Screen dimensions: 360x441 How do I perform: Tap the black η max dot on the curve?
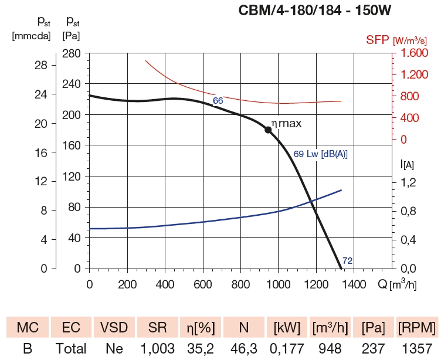pyautogui.click(x=268, y=130)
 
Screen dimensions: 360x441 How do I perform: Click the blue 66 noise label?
pyautogui.click(x=218, y=101)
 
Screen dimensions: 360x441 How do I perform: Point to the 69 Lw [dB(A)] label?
pyautogui.click(x=320, y=154)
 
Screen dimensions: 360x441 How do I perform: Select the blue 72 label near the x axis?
pyautogui.click(x=347, y=260)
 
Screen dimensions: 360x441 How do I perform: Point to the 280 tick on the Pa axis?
pyautogui.click(x=72, y=53)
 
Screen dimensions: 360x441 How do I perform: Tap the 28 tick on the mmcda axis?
pyautogui.click(x=24, y=66)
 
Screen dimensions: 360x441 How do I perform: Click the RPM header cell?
pyautogui.click(x=416, y=327)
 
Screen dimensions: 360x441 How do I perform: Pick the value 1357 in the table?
pyautogui.click(x=416, y=349)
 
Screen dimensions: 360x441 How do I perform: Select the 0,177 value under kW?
pyautogui.click(x=284, y=349)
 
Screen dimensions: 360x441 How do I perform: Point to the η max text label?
pyautogui.click(x=286, y=124)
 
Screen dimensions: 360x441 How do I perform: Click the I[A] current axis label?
pyautogui.click(x=407, y=165)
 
